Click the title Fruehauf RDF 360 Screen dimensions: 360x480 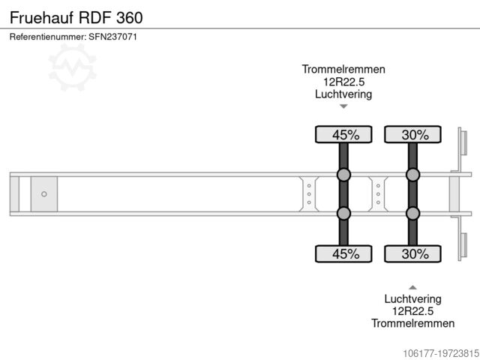click(x=77, y=16)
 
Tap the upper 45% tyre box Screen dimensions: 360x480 click(x=343, y=135)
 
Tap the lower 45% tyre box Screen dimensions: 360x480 click(x=343, y=254)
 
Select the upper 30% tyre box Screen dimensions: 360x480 click(x=412, y=135)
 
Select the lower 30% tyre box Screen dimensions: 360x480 click(x=412, y=254)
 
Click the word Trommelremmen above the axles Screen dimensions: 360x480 click(x=343, y=69)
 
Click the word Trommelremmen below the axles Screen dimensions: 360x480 click(x=412, y=323)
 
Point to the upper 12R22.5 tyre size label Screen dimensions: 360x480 click(x=343, y=82)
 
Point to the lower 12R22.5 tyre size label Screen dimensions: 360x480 click(x=412, y=310)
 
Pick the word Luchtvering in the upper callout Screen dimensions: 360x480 click(x=343, y=94)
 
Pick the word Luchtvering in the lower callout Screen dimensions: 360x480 click(x=412, y=298)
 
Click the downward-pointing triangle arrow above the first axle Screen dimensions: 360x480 click(x=343, y=107)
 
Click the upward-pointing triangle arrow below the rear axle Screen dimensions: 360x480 click(x=412, y=286)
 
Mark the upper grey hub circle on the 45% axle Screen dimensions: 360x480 click(x=343, y=175)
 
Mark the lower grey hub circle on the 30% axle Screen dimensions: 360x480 click(x=412, y=214)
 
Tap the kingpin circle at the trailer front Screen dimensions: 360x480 click(x=44, y=194)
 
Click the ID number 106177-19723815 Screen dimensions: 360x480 click(x=430, y=352)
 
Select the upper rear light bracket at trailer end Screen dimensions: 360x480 click(x=462, y=145)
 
